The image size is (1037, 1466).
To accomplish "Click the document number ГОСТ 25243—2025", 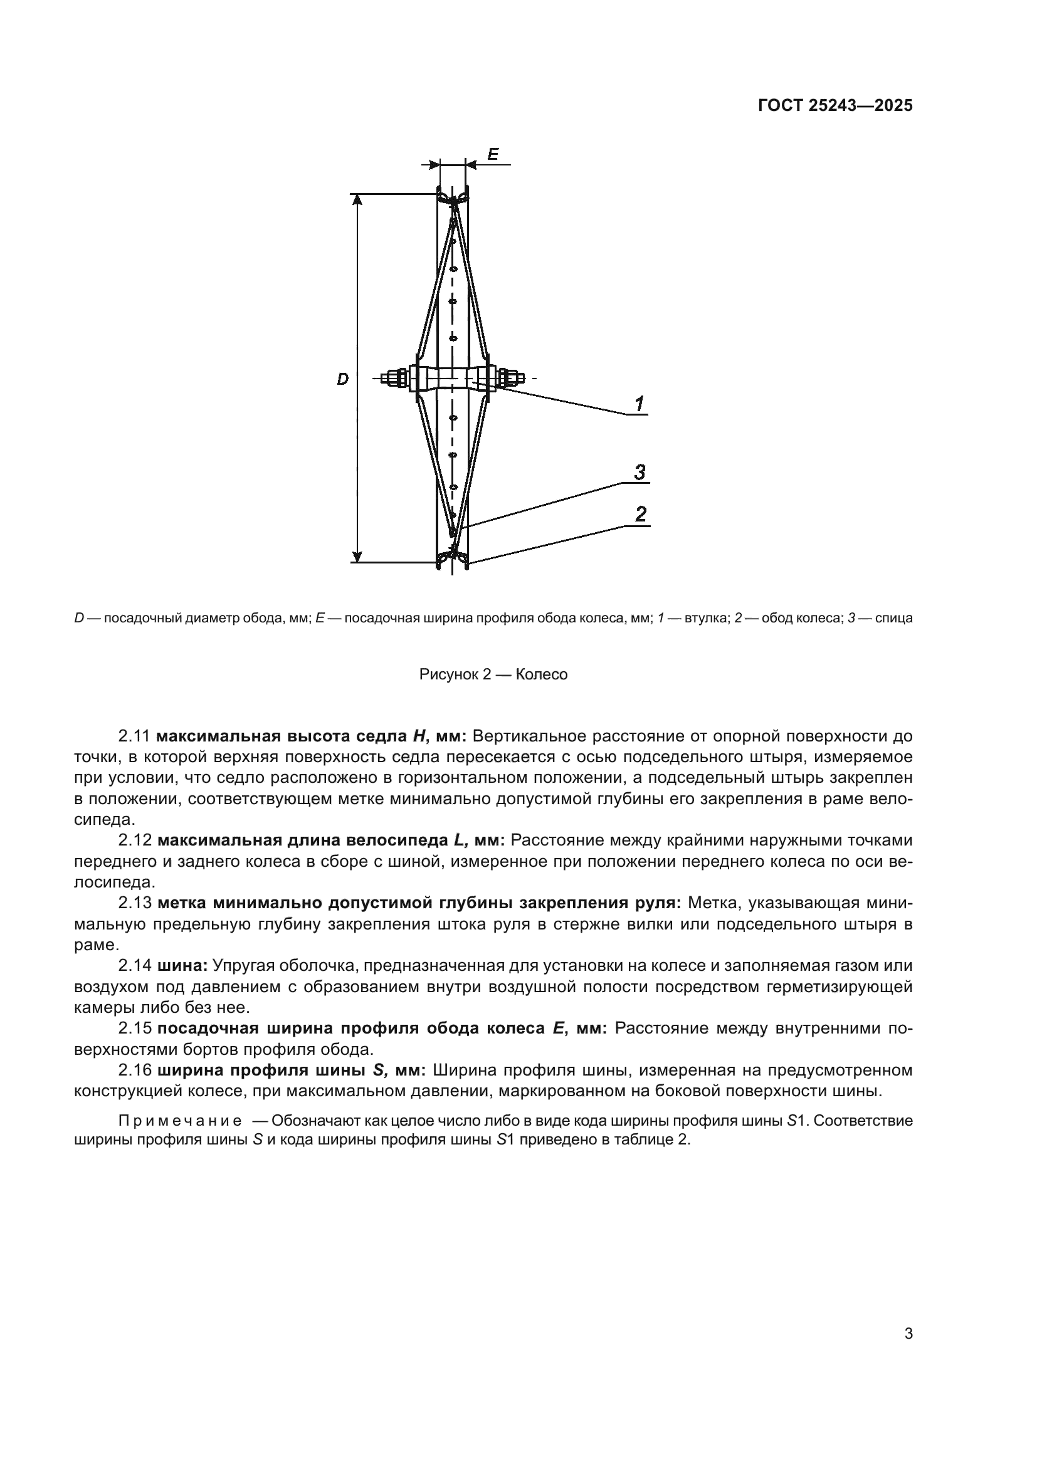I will [x=835, y=106].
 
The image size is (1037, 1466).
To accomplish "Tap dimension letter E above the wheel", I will [x=493, y=154].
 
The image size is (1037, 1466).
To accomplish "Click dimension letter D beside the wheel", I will [x=343, y=380].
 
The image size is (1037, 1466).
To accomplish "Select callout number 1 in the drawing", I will [x=638, y=404].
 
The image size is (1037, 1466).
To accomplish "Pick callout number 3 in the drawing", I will [x=639, y=473].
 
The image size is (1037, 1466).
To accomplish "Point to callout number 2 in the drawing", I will [x=641, y=514].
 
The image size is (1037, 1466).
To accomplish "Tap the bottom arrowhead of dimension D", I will [x=358, y=555].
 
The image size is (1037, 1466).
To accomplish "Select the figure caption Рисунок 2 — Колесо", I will [x=493, y=675].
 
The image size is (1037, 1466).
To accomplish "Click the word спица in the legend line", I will [x=893, y=618].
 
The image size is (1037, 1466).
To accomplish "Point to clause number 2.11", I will [x=134, y=736].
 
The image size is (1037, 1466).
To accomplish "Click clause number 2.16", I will [x=134, y=1069].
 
